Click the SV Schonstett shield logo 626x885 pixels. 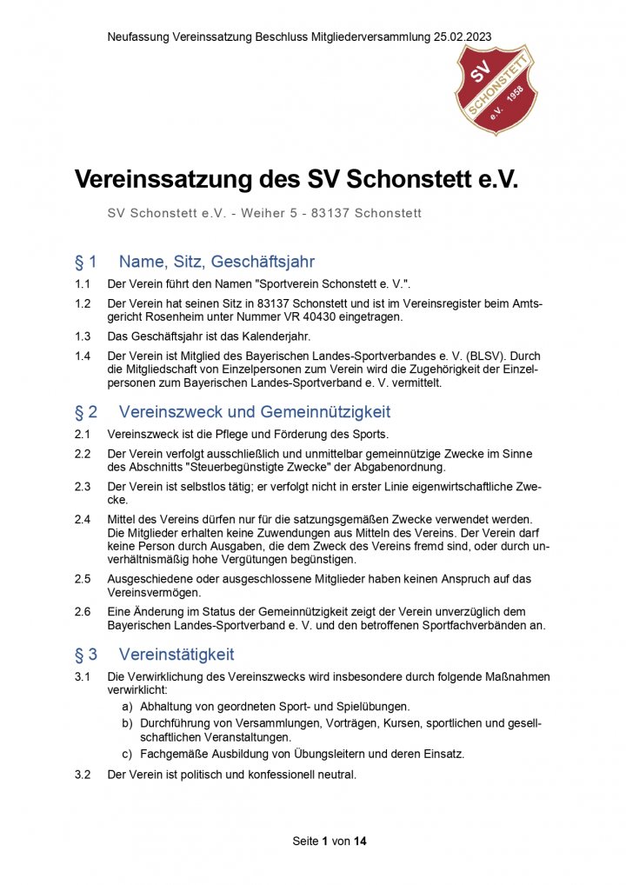(496, 90)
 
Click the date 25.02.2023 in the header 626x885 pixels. (460, 37)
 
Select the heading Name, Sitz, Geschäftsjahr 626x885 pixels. (216, 262)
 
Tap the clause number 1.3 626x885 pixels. (83, 336)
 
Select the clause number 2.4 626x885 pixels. (83, 519)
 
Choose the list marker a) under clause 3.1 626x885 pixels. (127, 707)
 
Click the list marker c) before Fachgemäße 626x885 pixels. (127, 754)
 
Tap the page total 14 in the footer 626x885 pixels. (360, 842)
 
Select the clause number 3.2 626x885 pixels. (83, 775)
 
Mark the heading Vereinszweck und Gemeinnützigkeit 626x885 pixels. (254, 412)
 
